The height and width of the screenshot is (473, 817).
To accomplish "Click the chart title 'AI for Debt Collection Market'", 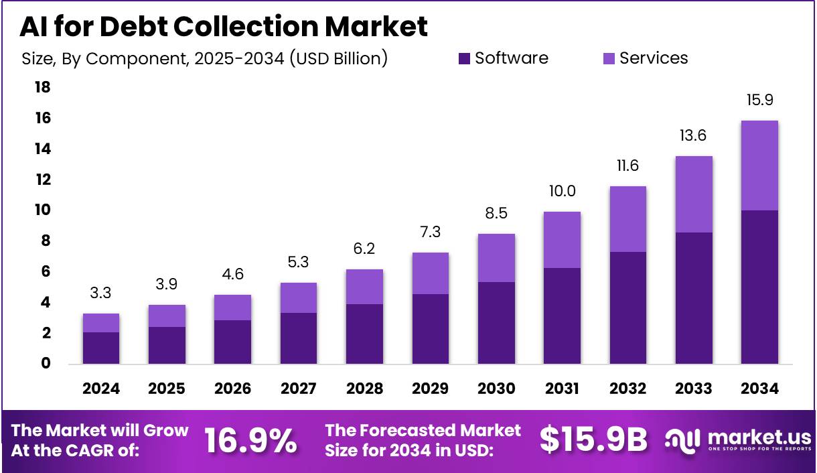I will (224, 27).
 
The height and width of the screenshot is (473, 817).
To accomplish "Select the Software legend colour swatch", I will (464, 59).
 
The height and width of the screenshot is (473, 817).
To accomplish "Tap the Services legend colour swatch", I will (608, 59).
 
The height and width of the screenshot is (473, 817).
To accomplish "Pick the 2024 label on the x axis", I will (101, 389).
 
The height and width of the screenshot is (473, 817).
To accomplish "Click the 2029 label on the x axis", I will (431, 389).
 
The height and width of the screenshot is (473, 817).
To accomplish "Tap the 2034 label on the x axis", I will (759, 389).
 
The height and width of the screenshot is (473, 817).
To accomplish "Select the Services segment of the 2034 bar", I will (759, 165).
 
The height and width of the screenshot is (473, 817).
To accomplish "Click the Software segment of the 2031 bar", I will (562, 316).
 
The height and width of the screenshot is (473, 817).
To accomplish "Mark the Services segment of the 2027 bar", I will (299, 297).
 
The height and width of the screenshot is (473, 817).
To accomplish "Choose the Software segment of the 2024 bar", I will (101, 348).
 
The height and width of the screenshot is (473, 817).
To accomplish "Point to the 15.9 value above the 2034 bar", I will (759, 100).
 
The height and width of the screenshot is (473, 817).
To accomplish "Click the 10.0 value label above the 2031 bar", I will (562, 192).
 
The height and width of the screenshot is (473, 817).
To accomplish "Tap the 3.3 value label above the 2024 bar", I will (101, 293).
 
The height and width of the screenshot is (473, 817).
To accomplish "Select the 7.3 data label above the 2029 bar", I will (431, 232).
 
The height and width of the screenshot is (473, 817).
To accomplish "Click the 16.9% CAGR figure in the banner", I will (250, 440).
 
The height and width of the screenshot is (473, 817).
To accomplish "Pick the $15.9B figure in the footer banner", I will (593, 440).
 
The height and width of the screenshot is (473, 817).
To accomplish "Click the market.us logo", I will (738, 440).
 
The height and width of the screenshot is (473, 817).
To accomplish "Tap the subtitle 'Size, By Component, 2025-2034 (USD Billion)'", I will (205, 59).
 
